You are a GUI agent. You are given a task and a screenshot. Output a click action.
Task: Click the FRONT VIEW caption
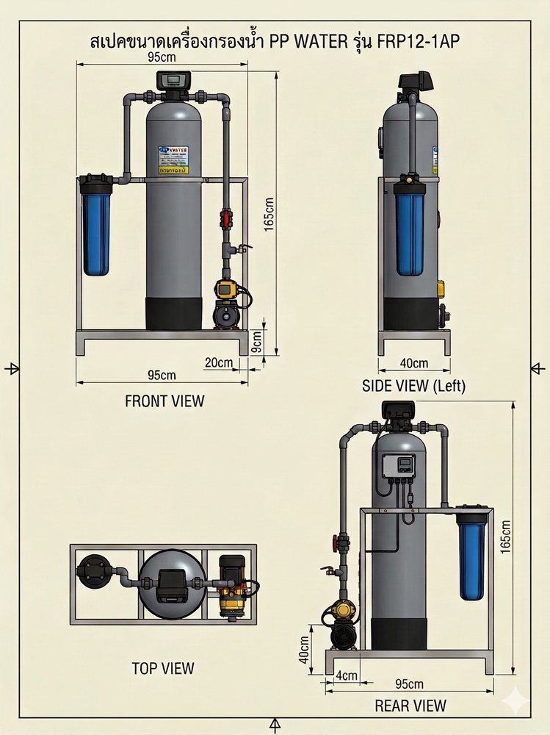164,401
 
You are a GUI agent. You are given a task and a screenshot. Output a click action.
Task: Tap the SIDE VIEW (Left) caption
414,386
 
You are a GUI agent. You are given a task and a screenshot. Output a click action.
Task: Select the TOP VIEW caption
163,668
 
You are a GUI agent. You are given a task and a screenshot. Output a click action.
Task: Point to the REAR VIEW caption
410,706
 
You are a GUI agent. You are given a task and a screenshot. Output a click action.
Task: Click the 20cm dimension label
218,362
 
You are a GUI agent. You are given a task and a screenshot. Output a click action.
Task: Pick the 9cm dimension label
256,340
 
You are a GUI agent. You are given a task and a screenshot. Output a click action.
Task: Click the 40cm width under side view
413,363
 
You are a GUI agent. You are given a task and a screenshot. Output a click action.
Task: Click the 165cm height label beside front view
269,212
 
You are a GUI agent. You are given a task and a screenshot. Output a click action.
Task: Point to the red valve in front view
227,218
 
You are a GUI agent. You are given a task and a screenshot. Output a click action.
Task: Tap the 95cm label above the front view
162,57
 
